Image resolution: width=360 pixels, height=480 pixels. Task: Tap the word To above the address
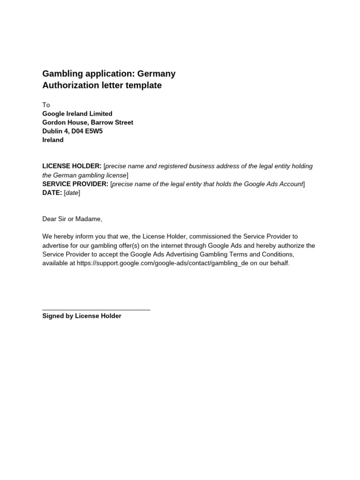tap(46, 105)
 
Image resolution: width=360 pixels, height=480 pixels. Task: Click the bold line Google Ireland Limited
tap(77, 113)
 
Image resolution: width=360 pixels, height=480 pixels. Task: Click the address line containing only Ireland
tap(53, 140)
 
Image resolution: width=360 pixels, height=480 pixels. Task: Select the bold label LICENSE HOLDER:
tap(72, 166)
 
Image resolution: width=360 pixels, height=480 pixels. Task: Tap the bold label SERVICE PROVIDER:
tap(75, 184)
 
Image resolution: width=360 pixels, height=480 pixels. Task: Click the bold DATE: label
tap(52, 193)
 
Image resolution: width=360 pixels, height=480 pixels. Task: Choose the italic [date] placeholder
tap(72, 193)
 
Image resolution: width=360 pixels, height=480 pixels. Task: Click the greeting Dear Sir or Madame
tap(72, 219)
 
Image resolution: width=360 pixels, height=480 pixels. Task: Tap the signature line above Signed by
tap(96, 310)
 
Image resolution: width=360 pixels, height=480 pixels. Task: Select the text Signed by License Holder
tap(82, 316)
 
